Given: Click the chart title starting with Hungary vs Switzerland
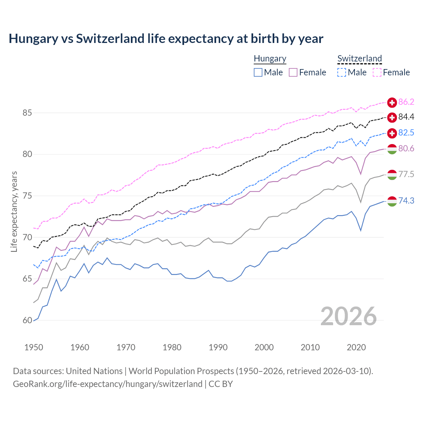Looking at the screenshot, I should [x=166, y=39].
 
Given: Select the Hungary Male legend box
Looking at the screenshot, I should [x=258, y=72].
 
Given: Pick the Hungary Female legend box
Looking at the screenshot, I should [x=293, y=72].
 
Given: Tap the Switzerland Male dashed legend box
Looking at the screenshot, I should [x=342, y=72].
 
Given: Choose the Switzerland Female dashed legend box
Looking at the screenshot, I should [x=377, y=72].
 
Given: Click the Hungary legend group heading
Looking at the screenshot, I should [x=270, y=58].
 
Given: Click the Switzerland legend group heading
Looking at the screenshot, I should [x=360, y=58].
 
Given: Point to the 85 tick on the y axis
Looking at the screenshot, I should [x=27, y=113].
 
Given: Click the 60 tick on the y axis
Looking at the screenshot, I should [x=27, y=321].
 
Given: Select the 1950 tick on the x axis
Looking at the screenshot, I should [x=34, y=347].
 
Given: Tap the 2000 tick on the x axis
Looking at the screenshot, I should [x=264, y=347].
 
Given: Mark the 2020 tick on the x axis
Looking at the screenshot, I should [x=356, y=347].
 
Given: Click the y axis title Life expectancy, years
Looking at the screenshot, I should [x=14, y=211].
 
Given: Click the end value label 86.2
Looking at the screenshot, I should [x=406, y=102].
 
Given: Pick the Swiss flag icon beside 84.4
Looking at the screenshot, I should [x=392, y=117].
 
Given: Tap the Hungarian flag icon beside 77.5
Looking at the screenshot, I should [x=392, y=175].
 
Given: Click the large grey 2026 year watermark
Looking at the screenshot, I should [x=349, y=316].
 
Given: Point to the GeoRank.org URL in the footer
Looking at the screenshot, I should [x=107, y=384].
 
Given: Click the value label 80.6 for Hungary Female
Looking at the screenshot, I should [x=406, y=149].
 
